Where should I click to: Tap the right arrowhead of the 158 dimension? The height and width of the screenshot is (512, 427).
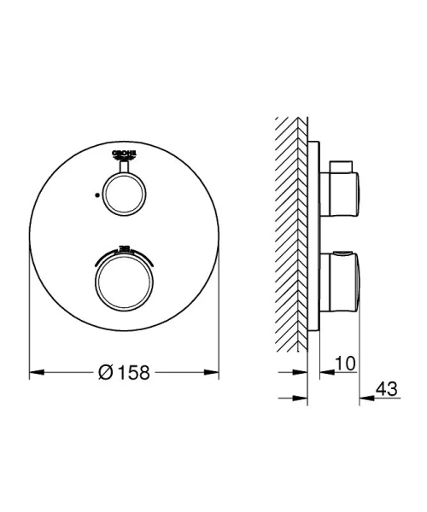point(210,372)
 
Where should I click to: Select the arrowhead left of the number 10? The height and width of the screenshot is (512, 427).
point(325,372)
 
